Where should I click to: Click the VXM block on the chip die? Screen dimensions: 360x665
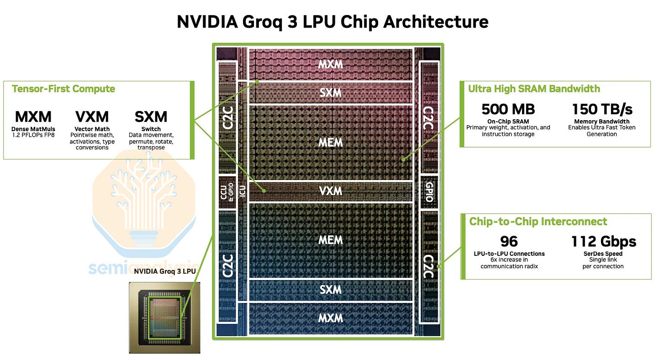(x=331, y=191)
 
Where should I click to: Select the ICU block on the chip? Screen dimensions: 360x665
(x=243, y=191)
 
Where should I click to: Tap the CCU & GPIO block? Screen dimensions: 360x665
(x=227, y=192)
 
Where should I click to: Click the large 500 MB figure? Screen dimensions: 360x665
(x=508, y=109)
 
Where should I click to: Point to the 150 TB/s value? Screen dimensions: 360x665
(x=602, y=109)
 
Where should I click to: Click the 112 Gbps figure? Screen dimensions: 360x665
(x=603, y=241)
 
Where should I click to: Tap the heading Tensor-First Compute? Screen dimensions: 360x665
(x=63, y=89)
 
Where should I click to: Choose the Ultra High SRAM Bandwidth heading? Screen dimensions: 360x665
(x=534, y=89)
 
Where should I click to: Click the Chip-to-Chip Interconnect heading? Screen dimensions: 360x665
(x=538, y=222)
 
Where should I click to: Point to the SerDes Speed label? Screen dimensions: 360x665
(x=603, y=254)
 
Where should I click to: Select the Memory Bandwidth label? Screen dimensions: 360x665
(x=602, y=122)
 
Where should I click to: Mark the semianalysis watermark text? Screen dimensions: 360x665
(x=142, y=268)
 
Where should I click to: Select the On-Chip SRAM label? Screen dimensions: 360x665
(x=508, y=122)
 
